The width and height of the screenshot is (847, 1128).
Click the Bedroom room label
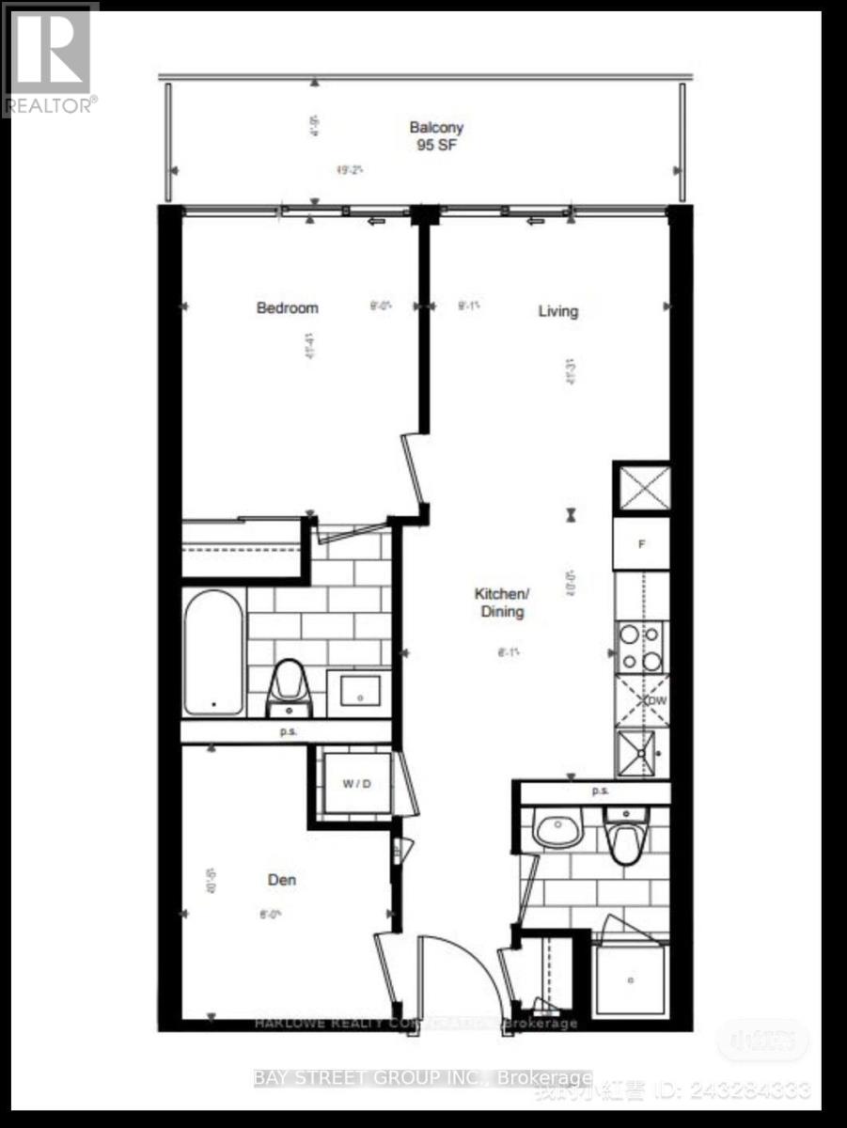287,307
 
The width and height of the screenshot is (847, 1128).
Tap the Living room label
557,311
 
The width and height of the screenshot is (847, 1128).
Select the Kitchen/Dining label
501,603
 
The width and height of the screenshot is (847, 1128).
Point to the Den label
282,880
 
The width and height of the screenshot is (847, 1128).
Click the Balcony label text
436,128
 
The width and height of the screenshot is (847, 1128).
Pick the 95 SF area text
436,146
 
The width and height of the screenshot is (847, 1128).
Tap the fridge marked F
641,543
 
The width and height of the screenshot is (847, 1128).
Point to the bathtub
212,652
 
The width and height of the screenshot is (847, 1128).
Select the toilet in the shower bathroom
625,839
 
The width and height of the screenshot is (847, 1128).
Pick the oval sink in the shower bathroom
557,829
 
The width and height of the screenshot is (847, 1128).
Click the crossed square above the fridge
641,489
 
